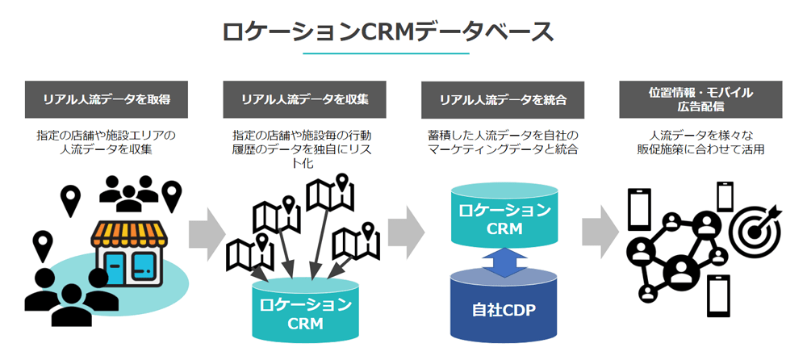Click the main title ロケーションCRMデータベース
pos(387,31)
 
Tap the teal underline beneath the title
pos(387,53)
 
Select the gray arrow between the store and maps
pos(207,235)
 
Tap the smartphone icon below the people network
pos(717,297)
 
